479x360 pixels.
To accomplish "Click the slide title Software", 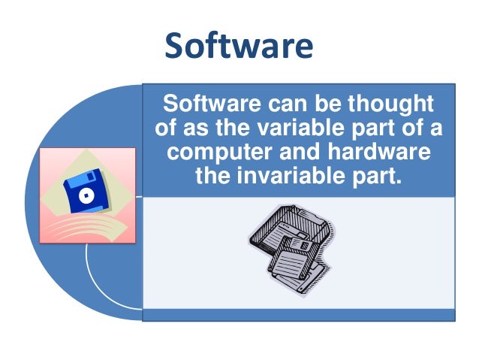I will pos(239,46).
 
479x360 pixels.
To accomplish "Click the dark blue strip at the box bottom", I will pos(298,315).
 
